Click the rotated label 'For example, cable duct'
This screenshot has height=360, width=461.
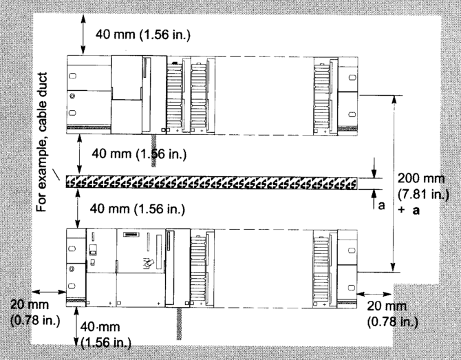42,142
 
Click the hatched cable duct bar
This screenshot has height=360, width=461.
211,182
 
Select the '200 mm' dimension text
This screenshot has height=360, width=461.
421,178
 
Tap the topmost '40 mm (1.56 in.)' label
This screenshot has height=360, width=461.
143,34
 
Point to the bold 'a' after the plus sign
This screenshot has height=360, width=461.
416,211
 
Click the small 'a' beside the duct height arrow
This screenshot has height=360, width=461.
381,206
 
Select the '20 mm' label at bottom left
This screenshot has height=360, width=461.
30,304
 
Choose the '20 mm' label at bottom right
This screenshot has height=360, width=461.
386,306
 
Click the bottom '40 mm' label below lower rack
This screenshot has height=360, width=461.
100,327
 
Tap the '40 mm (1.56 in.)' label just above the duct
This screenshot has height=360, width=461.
139,153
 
